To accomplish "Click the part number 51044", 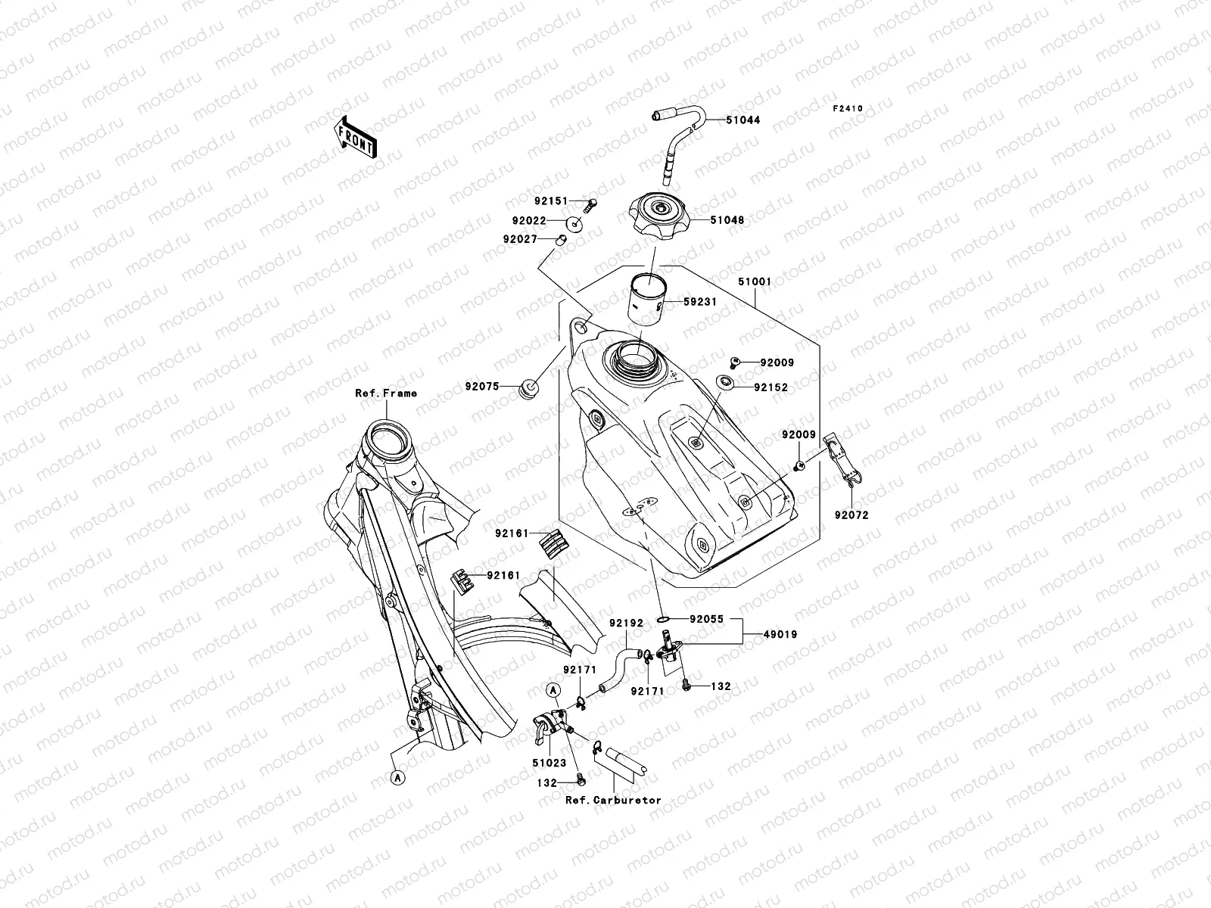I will coord(742,120).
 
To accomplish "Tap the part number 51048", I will coord(727,221).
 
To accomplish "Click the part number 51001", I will coord(755,281).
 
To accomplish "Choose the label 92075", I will coord(483,387).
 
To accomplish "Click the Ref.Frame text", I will coord(386,393).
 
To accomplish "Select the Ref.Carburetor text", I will coord(613,800).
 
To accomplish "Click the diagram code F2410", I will coord(848,109).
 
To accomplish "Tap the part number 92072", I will coord(851,515).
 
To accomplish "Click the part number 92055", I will coord(705,619).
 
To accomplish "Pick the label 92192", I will coord(626,623).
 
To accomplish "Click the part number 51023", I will coord(549,765).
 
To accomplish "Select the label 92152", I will coord(770,387).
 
